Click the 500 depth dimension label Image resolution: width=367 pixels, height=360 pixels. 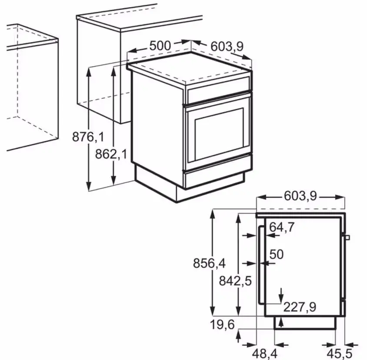160,45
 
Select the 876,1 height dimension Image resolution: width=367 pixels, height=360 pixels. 88,137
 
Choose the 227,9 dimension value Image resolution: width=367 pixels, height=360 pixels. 300,307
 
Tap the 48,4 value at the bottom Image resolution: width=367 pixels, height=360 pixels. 265,352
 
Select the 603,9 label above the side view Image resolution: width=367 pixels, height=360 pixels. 300,197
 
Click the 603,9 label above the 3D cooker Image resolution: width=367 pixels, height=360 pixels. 227,46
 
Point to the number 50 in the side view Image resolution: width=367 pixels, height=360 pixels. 277,254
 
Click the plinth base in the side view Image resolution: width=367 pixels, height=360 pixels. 304,323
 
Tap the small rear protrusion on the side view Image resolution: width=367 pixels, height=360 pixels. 347,237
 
